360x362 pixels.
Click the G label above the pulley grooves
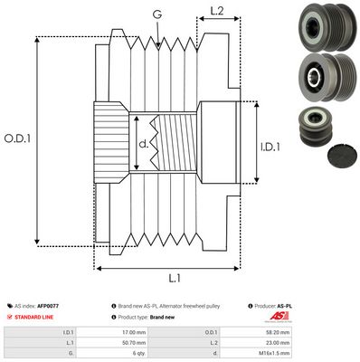point(158,14)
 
